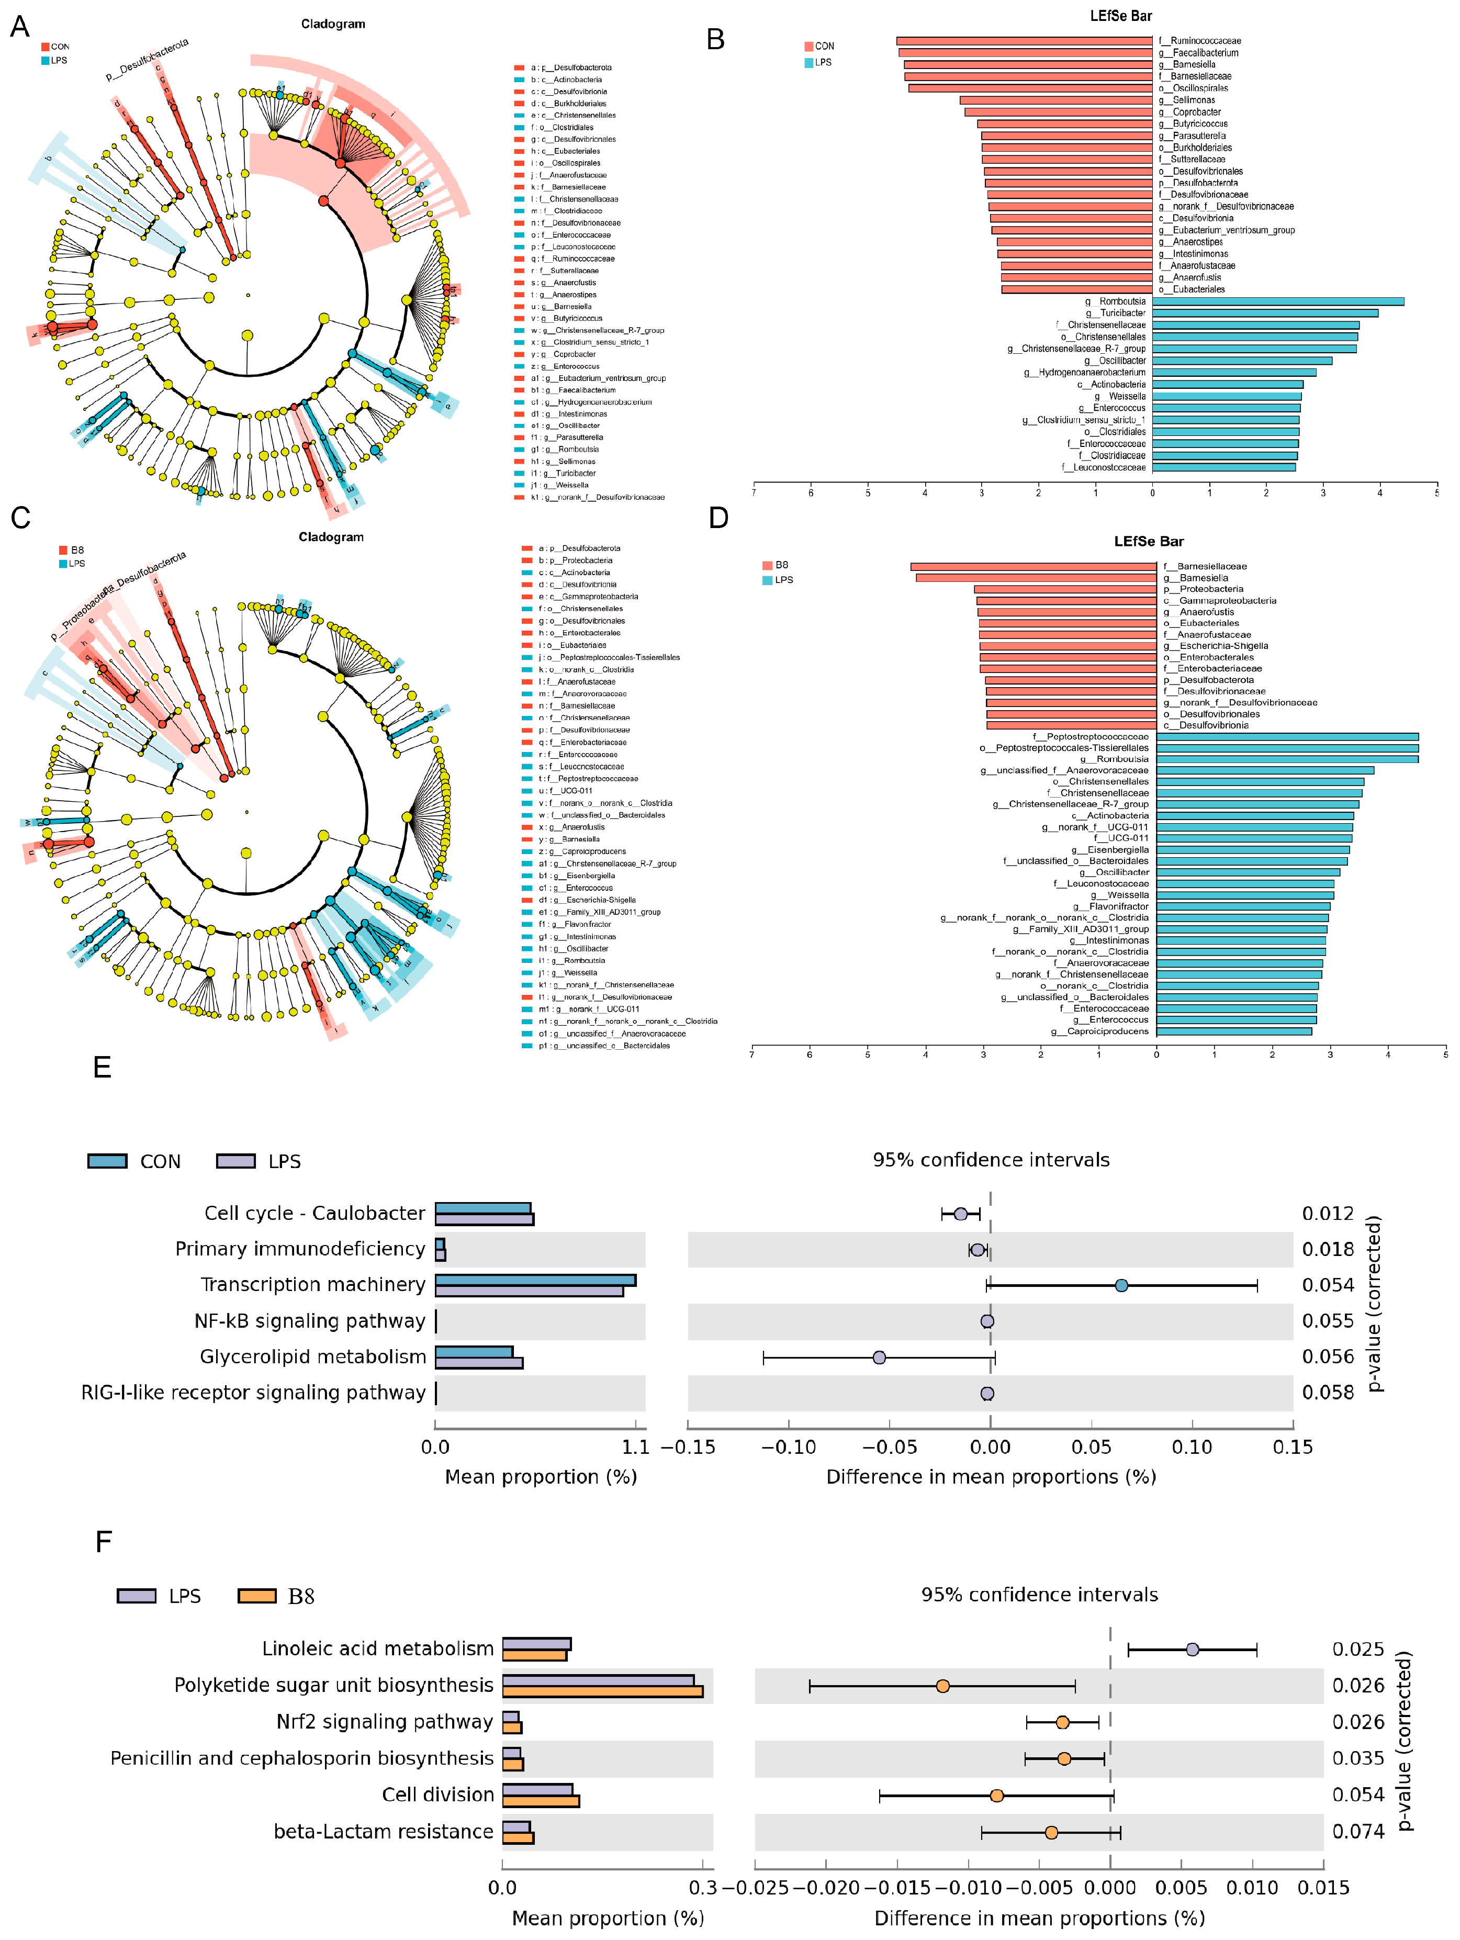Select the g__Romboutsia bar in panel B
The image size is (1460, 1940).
tap(1277, 301)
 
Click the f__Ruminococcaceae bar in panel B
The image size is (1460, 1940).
tap(1024, 40)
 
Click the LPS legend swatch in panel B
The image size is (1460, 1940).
tap(808, 62)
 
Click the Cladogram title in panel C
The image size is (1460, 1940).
tap(331, 537)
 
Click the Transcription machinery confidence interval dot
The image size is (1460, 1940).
tap(1121, 1285)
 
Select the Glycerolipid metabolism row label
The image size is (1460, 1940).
tap(312, 1357)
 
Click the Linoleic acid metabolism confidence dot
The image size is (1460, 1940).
tap(1192, 1649)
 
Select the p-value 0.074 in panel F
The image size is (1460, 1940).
tap(1357, 1831)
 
